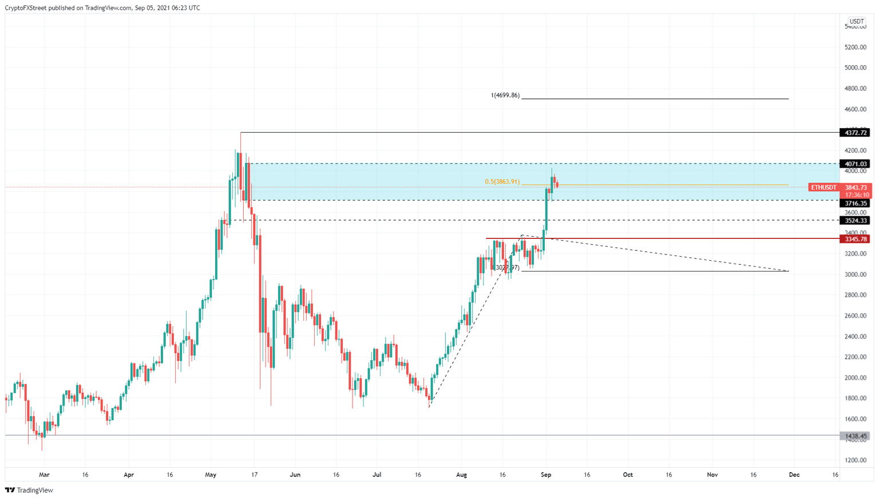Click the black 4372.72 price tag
[854, 133]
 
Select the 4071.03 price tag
[854, 164]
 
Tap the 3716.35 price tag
[854, 203]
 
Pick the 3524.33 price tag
[854, 221]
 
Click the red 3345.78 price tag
[854, 239]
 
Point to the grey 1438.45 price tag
[854, 436]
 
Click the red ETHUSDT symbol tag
[823, 187]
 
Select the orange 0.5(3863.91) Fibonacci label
[502, 182]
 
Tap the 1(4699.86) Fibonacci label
[505, 95]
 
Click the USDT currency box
[856, 22]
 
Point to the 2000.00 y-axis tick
[856, 378]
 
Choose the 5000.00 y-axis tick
[856, 68]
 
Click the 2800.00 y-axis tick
[856, 295]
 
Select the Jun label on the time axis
[295, 474]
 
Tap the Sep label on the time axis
[546, 474]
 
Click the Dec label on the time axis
[794, 474]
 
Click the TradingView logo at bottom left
[29, 490]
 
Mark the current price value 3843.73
[856, 187]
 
